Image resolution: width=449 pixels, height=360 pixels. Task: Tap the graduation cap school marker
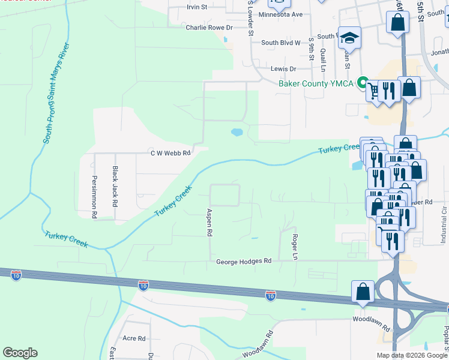349,38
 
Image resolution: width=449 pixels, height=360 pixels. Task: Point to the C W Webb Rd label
170,153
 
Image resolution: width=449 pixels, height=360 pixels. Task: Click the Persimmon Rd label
94,188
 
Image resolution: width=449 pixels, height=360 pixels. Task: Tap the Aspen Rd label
209,222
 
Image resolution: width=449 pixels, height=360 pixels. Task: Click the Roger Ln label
295,247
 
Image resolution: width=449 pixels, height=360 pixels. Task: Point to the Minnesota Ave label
280,14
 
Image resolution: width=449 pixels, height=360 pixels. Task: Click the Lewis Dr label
283,69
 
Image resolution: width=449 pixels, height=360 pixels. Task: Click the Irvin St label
196,7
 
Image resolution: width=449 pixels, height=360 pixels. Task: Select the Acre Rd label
134,338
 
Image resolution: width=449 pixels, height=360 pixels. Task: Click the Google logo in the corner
20,353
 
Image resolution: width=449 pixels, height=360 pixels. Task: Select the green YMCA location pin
363,83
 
